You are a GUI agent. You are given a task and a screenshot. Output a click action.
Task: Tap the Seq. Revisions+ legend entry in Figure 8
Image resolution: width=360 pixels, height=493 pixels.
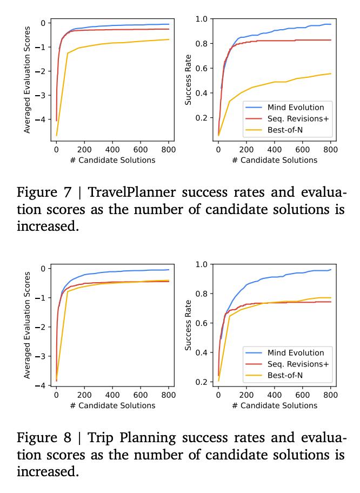298,364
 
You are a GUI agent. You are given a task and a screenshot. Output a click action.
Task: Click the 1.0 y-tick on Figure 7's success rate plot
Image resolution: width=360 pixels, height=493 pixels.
201,19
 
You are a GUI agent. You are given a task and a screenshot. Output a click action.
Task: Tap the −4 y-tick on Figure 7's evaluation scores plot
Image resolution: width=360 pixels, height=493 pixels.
43,119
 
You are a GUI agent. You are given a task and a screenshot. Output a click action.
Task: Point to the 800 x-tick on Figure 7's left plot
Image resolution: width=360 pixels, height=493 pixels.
168,150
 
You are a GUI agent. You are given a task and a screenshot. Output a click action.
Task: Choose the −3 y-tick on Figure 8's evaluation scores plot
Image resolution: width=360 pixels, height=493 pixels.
43,357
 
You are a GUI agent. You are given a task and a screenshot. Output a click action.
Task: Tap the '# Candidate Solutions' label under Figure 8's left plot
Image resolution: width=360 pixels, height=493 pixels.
112,405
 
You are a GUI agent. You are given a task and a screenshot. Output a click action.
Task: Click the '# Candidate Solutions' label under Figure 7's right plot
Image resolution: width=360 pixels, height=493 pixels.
274,160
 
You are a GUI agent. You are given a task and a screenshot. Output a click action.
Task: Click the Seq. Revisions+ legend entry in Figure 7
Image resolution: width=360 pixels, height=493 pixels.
298,118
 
